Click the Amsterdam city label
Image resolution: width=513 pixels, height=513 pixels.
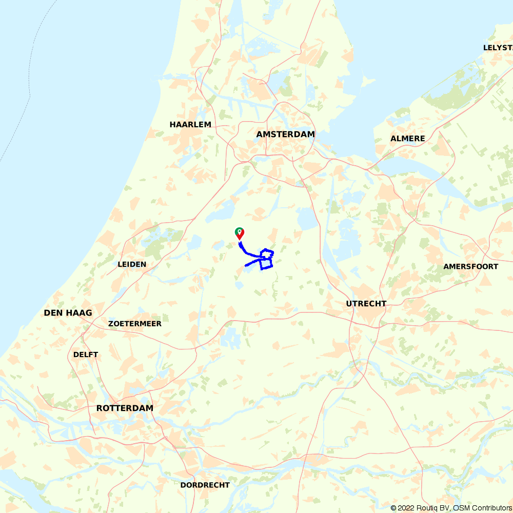click(x=285, y=134)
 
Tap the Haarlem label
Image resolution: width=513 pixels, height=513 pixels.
click(x=190, y=125)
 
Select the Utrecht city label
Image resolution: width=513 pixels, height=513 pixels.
click(x=366, y=304)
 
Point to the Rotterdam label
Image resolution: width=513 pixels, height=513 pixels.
click(x=125, y=408)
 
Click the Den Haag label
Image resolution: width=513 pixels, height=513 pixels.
click(x=68, y=313)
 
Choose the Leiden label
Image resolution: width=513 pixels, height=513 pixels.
click(x=132, y=265)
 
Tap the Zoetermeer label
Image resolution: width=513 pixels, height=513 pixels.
click(x=135, y=324)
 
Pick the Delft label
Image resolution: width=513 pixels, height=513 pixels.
click(x=86, y=354)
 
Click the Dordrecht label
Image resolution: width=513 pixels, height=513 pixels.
click(x=205, y=485)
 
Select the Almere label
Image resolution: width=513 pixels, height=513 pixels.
click(x=408, y=139)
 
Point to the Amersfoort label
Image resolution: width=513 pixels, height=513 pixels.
click(x=471, y=267)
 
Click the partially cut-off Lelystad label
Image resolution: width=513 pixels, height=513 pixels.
click(x=498, y=48)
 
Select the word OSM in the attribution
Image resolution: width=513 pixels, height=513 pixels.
click(x=461, y=508)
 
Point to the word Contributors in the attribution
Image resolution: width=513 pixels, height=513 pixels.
click(x=492, y=508)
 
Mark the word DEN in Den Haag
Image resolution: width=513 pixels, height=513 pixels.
click(x=53, y=313)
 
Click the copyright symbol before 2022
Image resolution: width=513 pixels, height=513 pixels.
click(x=393, y=508)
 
